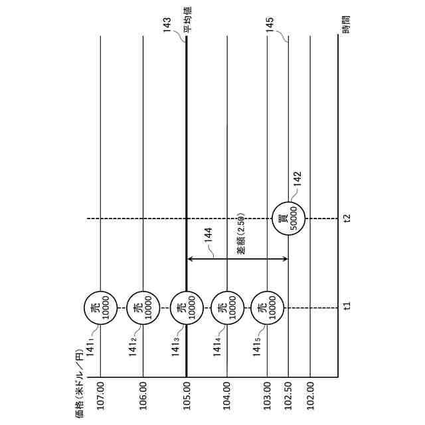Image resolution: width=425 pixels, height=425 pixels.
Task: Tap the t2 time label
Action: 346,218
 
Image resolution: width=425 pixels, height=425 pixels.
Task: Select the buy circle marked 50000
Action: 289,218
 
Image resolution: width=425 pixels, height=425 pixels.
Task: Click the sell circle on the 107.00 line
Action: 100,307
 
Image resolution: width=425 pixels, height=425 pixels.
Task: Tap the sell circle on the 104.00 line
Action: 227,307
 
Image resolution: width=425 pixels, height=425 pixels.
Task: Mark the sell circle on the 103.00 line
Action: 267,307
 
